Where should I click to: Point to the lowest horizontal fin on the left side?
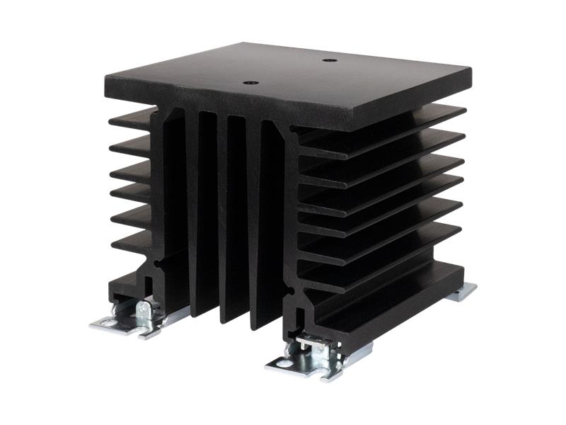(132, 242)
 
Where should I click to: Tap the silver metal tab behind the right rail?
(462, 291)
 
